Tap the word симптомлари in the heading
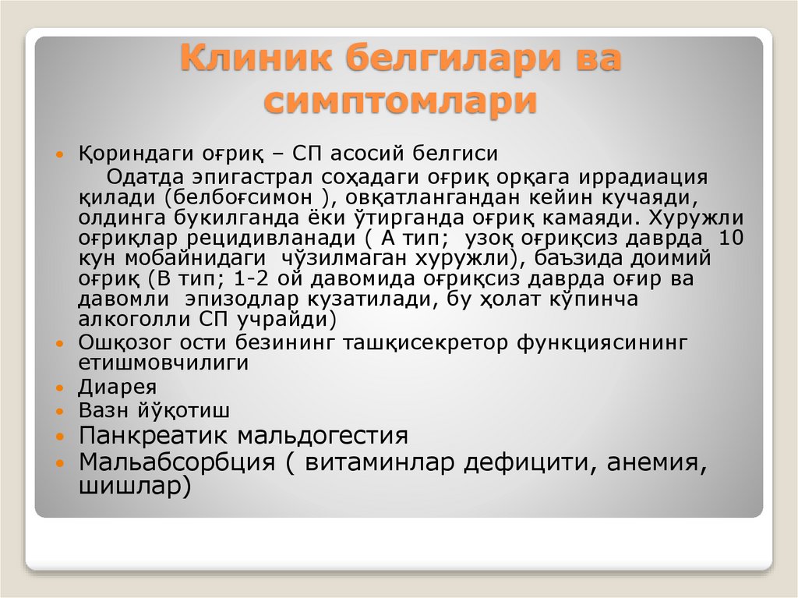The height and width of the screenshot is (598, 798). pos(399,102)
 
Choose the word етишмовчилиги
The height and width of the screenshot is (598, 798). pos(164,363)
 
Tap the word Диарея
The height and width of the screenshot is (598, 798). pos(118,387)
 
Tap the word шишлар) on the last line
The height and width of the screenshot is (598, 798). pos(135,487)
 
